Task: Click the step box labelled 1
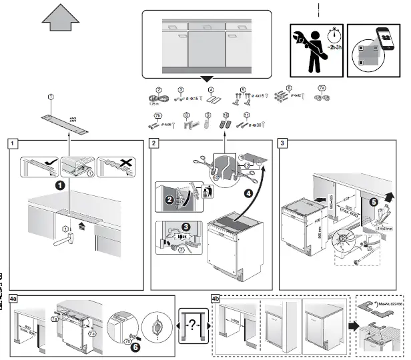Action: [13, 143]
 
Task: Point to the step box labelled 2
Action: [154, 143]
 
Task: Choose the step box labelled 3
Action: [284, 143]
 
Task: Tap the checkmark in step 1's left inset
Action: [41, 163]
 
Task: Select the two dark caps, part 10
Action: [226, 124]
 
